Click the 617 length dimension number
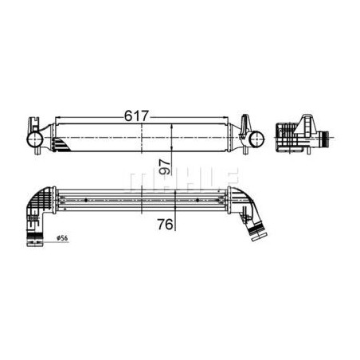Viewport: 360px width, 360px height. (x=137, y=115)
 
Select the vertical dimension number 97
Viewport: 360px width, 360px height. (x=164, y=166)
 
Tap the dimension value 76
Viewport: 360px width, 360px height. (x=165, y=225)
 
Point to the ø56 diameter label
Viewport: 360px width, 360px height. (x=62, y=238)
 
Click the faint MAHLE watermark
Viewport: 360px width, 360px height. (x=180, y=179)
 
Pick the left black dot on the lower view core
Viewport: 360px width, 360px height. (x=86, y=200)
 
